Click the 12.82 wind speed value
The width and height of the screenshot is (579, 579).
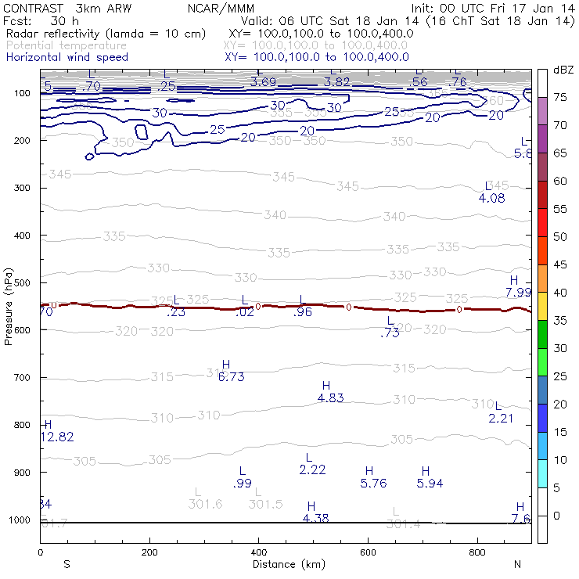[56, 437]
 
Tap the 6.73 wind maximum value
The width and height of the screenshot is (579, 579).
[232, 377]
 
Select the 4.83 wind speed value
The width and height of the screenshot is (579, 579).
[331, 398]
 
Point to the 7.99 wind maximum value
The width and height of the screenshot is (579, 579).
[519, 293]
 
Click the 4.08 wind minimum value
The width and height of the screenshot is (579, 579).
[492, 198]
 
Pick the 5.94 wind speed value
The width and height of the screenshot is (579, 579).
[430, 484]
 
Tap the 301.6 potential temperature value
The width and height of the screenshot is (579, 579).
[206, 505]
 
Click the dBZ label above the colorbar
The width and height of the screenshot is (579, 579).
[563, 70]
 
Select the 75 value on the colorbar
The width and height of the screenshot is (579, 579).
[560, 98]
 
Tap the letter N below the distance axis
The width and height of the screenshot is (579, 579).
[517, 564]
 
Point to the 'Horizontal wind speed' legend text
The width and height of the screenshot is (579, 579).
[67, 58]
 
